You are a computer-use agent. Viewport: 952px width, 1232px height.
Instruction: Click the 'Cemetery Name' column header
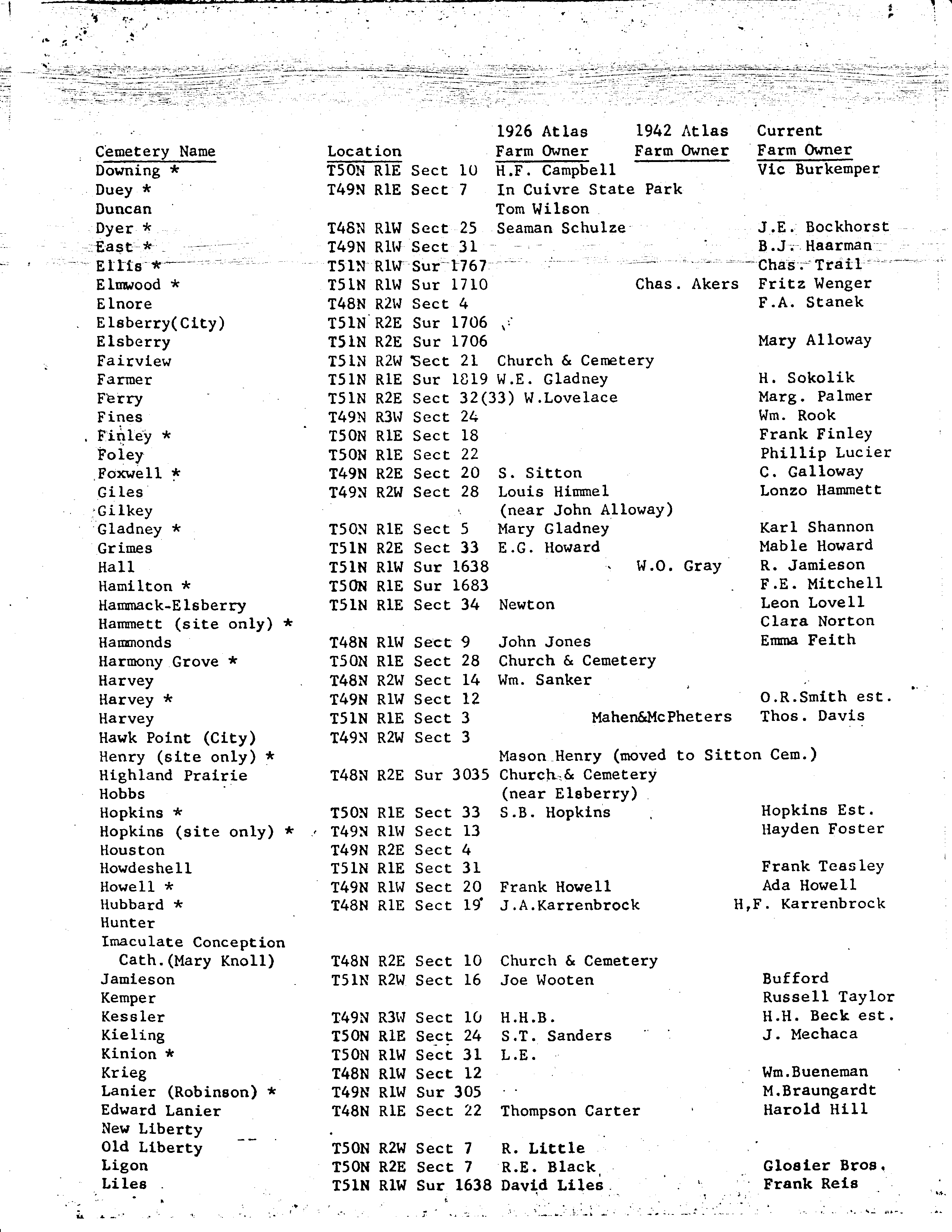(155, 151)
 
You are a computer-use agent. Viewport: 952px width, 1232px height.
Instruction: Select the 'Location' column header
(364, 151)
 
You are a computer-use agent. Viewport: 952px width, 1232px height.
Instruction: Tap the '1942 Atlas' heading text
(681, 131)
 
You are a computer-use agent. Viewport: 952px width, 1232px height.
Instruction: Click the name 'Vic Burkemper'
(818, 169)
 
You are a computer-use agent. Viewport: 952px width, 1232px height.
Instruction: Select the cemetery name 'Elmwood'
(129, 284)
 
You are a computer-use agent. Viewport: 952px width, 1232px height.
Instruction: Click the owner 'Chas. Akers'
(686, 283)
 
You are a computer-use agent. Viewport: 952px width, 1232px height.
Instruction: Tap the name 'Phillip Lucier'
(825, 452)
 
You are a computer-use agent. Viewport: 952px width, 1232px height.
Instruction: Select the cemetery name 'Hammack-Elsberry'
(172, 605)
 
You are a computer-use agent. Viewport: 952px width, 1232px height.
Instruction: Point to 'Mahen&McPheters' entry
(662, 717)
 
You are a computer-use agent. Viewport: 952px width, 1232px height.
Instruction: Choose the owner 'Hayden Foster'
(822, 829)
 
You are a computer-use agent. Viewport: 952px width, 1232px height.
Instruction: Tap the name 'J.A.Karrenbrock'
(569, 905)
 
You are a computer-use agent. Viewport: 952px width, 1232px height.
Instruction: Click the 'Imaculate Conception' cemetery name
(193, 942)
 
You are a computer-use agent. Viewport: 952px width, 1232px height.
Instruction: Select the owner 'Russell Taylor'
(828, 997)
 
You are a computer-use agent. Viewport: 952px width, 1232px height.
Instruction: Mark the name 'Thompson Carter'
(569, 1111)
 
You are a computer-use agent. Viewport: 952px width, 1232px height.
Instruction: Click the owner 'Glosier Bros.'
(823, 1166)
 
